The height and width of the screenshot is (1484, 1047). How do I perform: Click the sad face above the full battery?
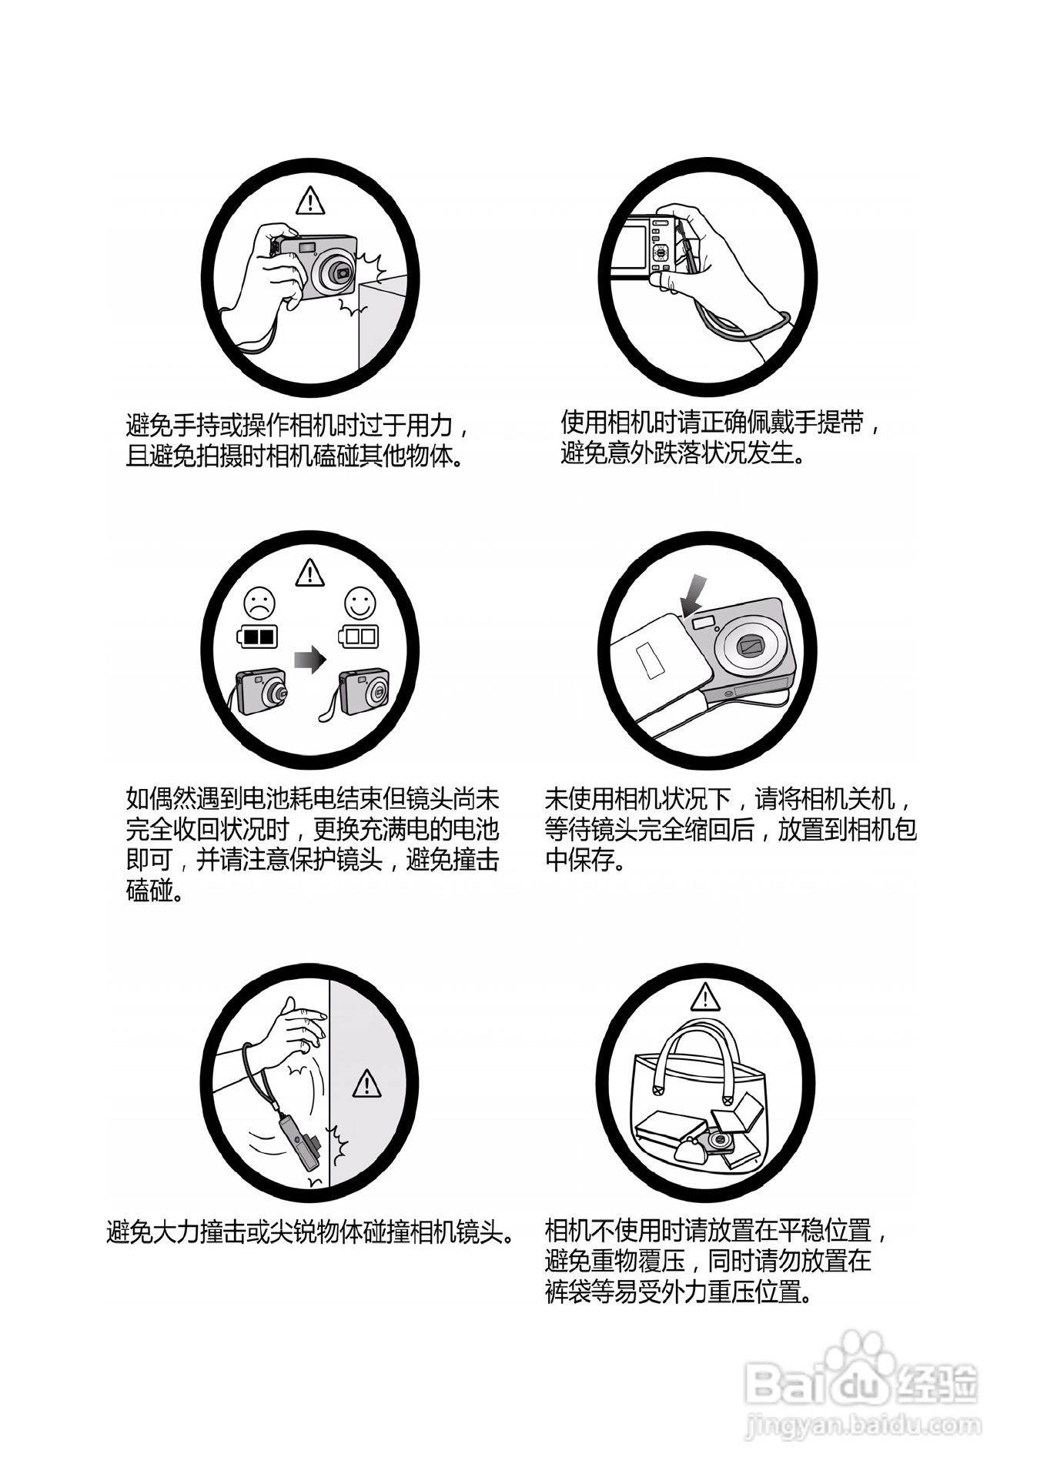259,603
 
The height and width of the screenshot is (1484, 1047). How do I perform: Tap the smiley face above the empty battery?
360,603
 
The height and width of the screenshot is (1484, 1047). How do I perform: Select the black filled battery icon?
257,637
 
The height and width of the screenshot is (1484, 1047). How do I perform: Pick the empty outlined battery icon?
358,637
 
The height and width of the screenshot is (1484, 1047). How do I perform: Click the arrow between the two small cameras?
309,660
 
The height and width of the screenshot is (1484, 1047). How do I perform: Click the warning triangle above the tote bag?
704,998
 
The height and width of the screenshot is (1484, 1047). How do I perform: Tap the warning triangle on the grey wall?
366,1084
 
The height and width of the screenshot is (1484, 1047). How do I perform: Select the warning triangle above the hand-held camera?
310,200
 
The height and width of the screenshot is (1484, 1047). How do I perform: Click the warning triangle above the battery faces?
309,573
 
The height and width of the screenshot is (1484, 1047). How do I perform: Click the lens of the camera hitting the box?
340,272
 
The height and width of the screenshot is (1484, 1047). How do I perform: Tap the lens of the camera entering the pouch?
749,645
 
